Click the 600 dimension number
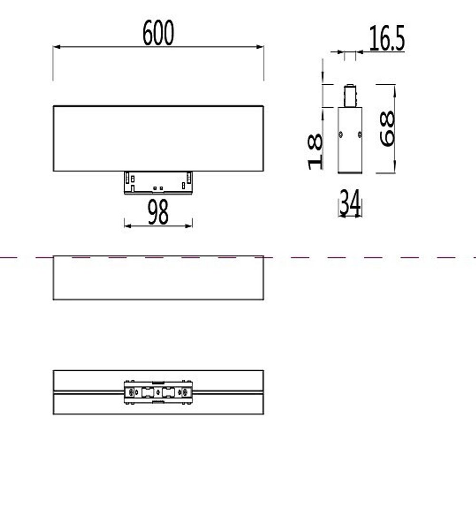[158, 33]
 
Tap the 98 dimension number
[158, 212]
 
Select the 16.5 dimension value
[387, 39]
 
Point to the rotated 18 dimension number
[316, 152]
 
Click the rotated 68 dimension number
[387, 128]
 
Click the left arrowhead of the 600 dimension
[56, 47]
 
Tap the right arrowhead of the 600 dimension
[260, 47]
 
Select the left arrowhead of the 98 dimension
[127, 225]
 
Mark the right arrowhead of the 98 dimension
[189, 225]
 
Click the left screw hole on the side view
[341, 135]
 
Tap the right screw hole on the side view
[359, 135]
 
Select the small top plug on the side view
[350, 96]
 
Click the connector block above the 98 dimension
[158, 183]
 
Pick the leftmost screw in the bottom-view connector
[129, 392]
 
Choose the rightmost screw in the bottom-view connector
[186, 392]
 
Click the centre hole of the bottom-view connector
[158, 392]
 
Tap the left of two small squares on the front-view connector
[154, 188]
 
